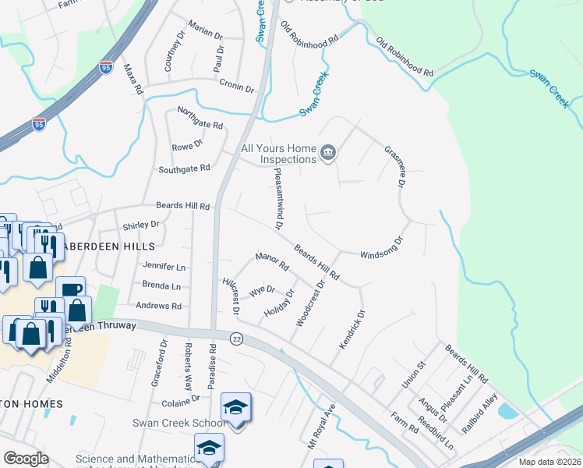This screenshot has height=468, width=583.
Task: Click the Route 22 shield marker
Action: point(235,338)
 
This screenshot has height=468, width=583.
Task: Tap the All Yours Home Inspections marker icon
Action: point(328,153)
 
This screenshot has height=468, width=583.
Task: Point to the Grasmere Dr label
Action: point(396,167)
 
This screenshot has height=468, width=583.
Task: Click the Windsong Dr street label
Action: point(382,249)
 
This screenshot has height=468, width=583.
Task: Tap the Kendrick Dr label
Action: point(351,331)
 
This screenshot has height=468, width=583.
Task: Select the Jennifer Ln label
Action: point(164,266)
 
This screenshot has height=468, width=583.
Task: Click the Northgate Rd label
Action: point(200,119)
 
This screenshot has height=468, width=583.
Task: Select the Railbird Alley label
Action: point(477,411)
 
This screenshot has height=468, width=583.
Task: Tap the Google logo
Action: point(26,459)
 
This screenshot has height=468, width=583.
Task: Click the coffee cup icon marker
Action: point(70,289)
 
